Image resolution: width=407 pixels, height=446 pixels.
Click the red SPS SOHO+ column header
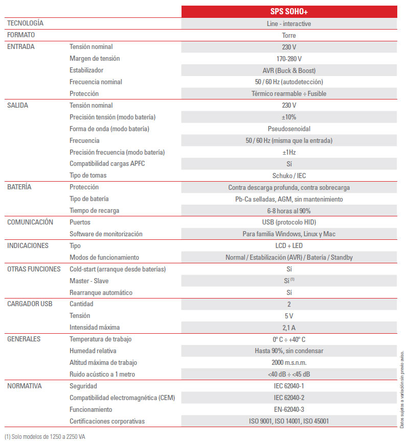pos(289,12)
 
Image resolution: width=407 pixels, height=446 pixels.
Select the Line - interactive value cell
pos(289,23)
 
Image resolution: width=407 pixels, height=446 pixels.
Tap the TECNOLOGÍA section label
pos(25,23)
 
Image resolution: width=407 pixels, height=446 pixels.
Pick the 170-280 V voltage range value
pos(289,59)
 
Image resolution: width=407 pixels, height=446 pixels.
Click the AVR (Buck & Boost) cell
pos(289,70)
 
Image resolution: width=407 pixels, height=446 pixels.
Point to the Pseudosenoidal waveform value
pos(289,129)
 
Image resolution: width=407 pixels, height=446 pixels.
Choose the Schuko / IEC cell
pos(289,176)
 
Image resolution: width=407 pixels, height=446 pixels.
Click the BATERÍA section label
pos(19,187)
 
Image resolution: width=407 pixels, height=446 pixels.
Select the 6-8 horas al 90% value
pos(289,211)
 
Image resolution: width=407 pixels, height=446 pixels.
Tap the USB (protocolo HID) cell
pos(289,222)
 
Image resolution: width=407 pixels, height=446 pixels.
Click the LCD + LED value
pos(289,245)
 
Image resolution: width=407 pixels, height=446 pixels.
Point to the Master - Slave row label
pos(89,281)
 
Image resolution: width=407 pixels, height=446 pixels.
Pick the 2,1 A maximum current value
pos(289,327)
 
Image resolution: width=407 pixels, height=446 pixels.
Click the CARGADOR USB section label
pos(30,304)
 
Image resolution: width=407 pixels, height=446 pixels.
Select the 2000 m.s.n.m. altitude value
pos(289,362)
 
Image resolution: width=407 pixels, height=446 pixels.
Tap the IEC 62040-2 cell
pos(289,398)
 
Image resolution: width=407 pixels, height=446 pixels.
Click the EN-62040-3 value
pos(289,409)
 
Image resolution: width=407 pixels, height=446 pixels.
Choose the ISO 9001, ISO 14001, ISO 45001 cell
pos(289,421)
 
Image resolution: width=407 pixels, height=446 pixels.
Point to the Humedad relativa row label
pos(93,351)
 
